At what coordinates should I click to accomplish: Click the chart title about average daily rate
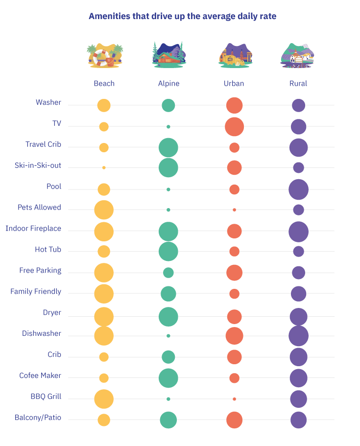[182, 17]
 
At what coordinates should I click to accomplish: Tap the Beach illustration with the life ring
[104, 55]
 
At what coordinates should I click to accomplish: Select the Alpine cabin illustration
[168, 55]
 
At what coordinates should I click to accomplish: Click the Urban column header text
[234, 84]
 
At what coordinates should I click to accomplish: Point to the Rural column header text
[298, 84]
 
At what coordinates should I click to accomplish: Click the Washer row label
[48, 102]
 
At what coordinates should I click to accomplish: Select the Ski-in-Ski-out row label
[38, 165]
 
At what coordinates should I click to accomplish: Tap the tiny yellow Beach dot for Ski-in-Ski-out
[104, 167]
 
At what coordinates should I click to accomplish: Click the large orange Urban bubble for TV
[234, 127]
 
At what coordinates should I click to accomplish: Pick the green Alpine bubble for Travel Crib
[168, 147]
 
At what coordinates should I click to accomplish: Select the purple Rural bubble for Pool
[298, 189]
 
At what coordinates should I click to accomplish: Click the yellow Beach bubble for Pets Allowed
[104, 210]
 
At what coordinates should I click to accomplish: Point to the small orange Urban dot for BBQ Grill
[234, 399]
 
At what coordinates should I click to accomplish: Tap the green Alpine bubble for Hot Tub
[168, 251]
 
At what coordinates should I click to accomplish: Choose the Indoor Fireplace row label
[33, 229]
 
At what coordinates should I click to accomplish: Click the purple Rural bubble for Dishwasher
[298, 336]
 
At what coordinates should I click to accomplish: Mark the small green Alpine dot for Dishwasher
[168, 336]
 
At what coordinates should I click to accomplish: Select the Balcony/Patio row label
[40, 418]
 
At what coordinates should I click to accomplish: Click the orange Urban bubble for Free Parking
[234, 273]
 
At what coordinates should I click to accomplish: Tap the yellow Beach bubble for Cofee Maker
[104, 378]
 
